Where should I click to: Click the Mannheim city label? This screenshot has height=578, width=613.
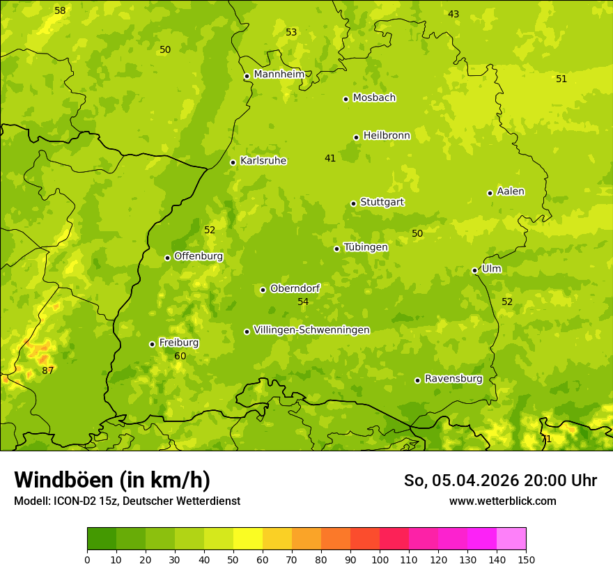tap(279, 75)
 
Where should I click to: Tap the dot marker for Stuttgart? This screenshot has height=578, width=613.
tap(353, 203)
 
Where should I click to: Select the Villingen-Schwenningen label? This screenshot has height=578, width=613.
tap(311, 330)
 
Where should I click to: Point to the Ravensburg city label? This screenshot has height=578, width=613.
tap(453, 379)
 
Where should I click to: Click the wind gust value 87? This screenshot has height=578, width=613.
tap(47, 370)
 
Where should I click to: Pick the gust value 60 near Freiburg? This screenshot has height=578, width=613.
tap(180, 356)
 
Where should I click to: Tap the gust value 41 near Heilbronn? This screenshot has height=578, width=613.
tap(330, 158)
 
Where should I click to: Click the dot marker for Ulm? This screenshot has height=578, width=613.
tap(474, 270)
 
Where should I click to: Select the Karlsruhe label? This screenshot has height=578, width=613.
tap(263, 161)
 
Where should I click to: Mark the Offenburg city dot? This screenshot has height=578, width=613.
tap(167, 258)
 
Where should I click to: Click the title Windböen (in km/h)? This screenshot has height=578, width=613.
tap(112, 480)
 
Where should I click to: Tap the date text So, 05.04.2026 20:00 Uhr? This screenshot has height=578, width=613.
tap(500, 481)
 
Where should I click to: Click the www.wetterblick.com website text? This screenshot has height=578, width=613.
tap(502, 501)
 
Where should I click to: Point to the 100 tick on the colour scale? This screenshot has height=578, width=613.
tap(380, 559)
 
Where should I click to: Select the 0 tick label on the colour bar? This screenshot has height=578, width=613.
tap(87, 559)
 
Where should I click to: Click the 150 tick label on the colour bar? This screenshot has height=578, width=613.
tap(526, 559)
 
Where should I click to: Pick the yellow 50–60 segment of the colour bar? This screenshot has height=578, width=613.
tap(248, 539)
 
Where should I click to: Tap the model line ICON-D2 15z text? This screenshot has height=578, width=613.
tap(127, 501)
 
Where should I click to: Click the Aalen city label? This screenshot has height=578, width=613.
tap(511, 192)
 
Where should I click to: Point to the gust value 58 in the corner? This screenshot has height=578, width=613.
tap(60, 10)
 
